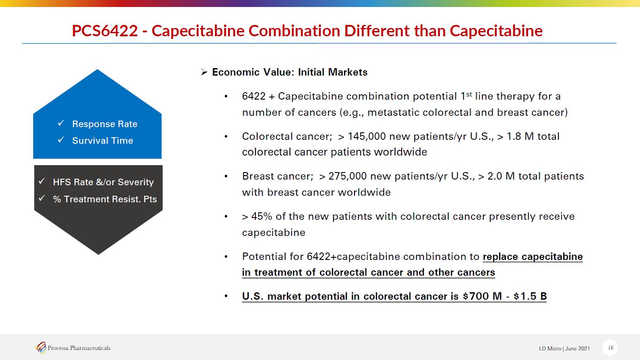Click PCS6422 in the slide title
point(104,31)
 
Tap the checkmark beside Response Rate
point(61,124)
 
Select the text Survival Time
point(103,141)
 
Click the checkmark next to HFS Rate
point(42,181)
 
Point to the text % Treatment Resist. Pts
point(105,199)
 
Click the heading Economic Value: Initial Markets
point(289,72)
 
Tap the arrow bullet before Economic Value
point(204,72)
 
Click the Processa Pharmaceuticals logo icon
point(41,348)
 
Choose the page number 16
point(610,348)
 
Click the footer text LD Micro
point(550,349)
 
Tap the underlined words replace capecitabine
point(533,256)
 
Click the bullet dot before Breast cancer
point(226,177)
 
